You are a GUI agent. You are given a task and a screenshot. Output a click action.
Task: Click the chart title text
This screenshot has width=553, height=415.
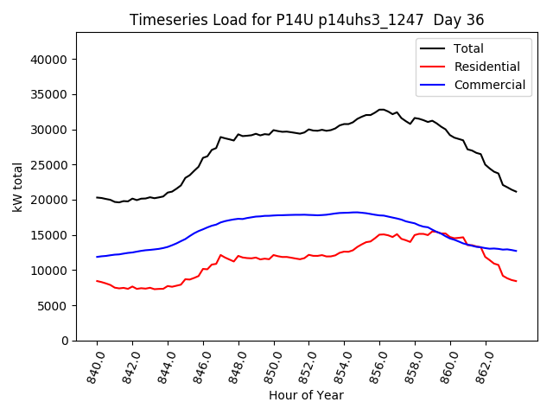point(307,20)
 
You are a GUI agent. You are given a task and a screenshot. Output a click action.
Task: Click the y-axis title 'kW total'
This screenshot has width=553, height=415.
point(17,187)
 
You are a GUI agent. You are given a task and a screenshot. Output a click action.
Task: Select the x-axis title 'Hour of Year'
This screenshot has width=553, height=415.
point(306,395)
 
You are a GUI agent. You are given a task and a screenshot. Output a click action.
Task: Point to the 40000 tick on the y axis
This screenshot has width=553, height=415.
point(51,60)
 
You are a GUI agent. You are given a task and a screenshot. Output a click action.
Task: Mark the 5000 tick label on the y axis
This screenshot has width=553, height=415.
point(54,306)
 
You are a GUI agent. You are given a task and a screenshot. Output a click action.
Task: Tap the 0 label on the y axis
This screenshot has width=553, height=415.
point(65,341)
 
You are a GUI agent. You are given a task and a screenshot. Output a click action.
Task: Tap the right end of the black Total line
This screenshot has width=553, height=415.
point(516,191)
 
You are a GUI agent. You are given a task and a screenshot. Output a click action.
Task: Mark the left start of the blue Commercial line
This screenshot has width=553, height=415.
point(97,257)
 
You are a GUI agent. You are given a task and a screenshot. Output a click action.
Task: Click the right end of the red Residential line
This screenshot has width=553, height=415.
point(516,281)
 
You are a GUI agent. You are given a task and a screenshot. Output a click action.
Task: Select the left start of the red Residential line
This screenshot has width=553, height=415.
point(97,281)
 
